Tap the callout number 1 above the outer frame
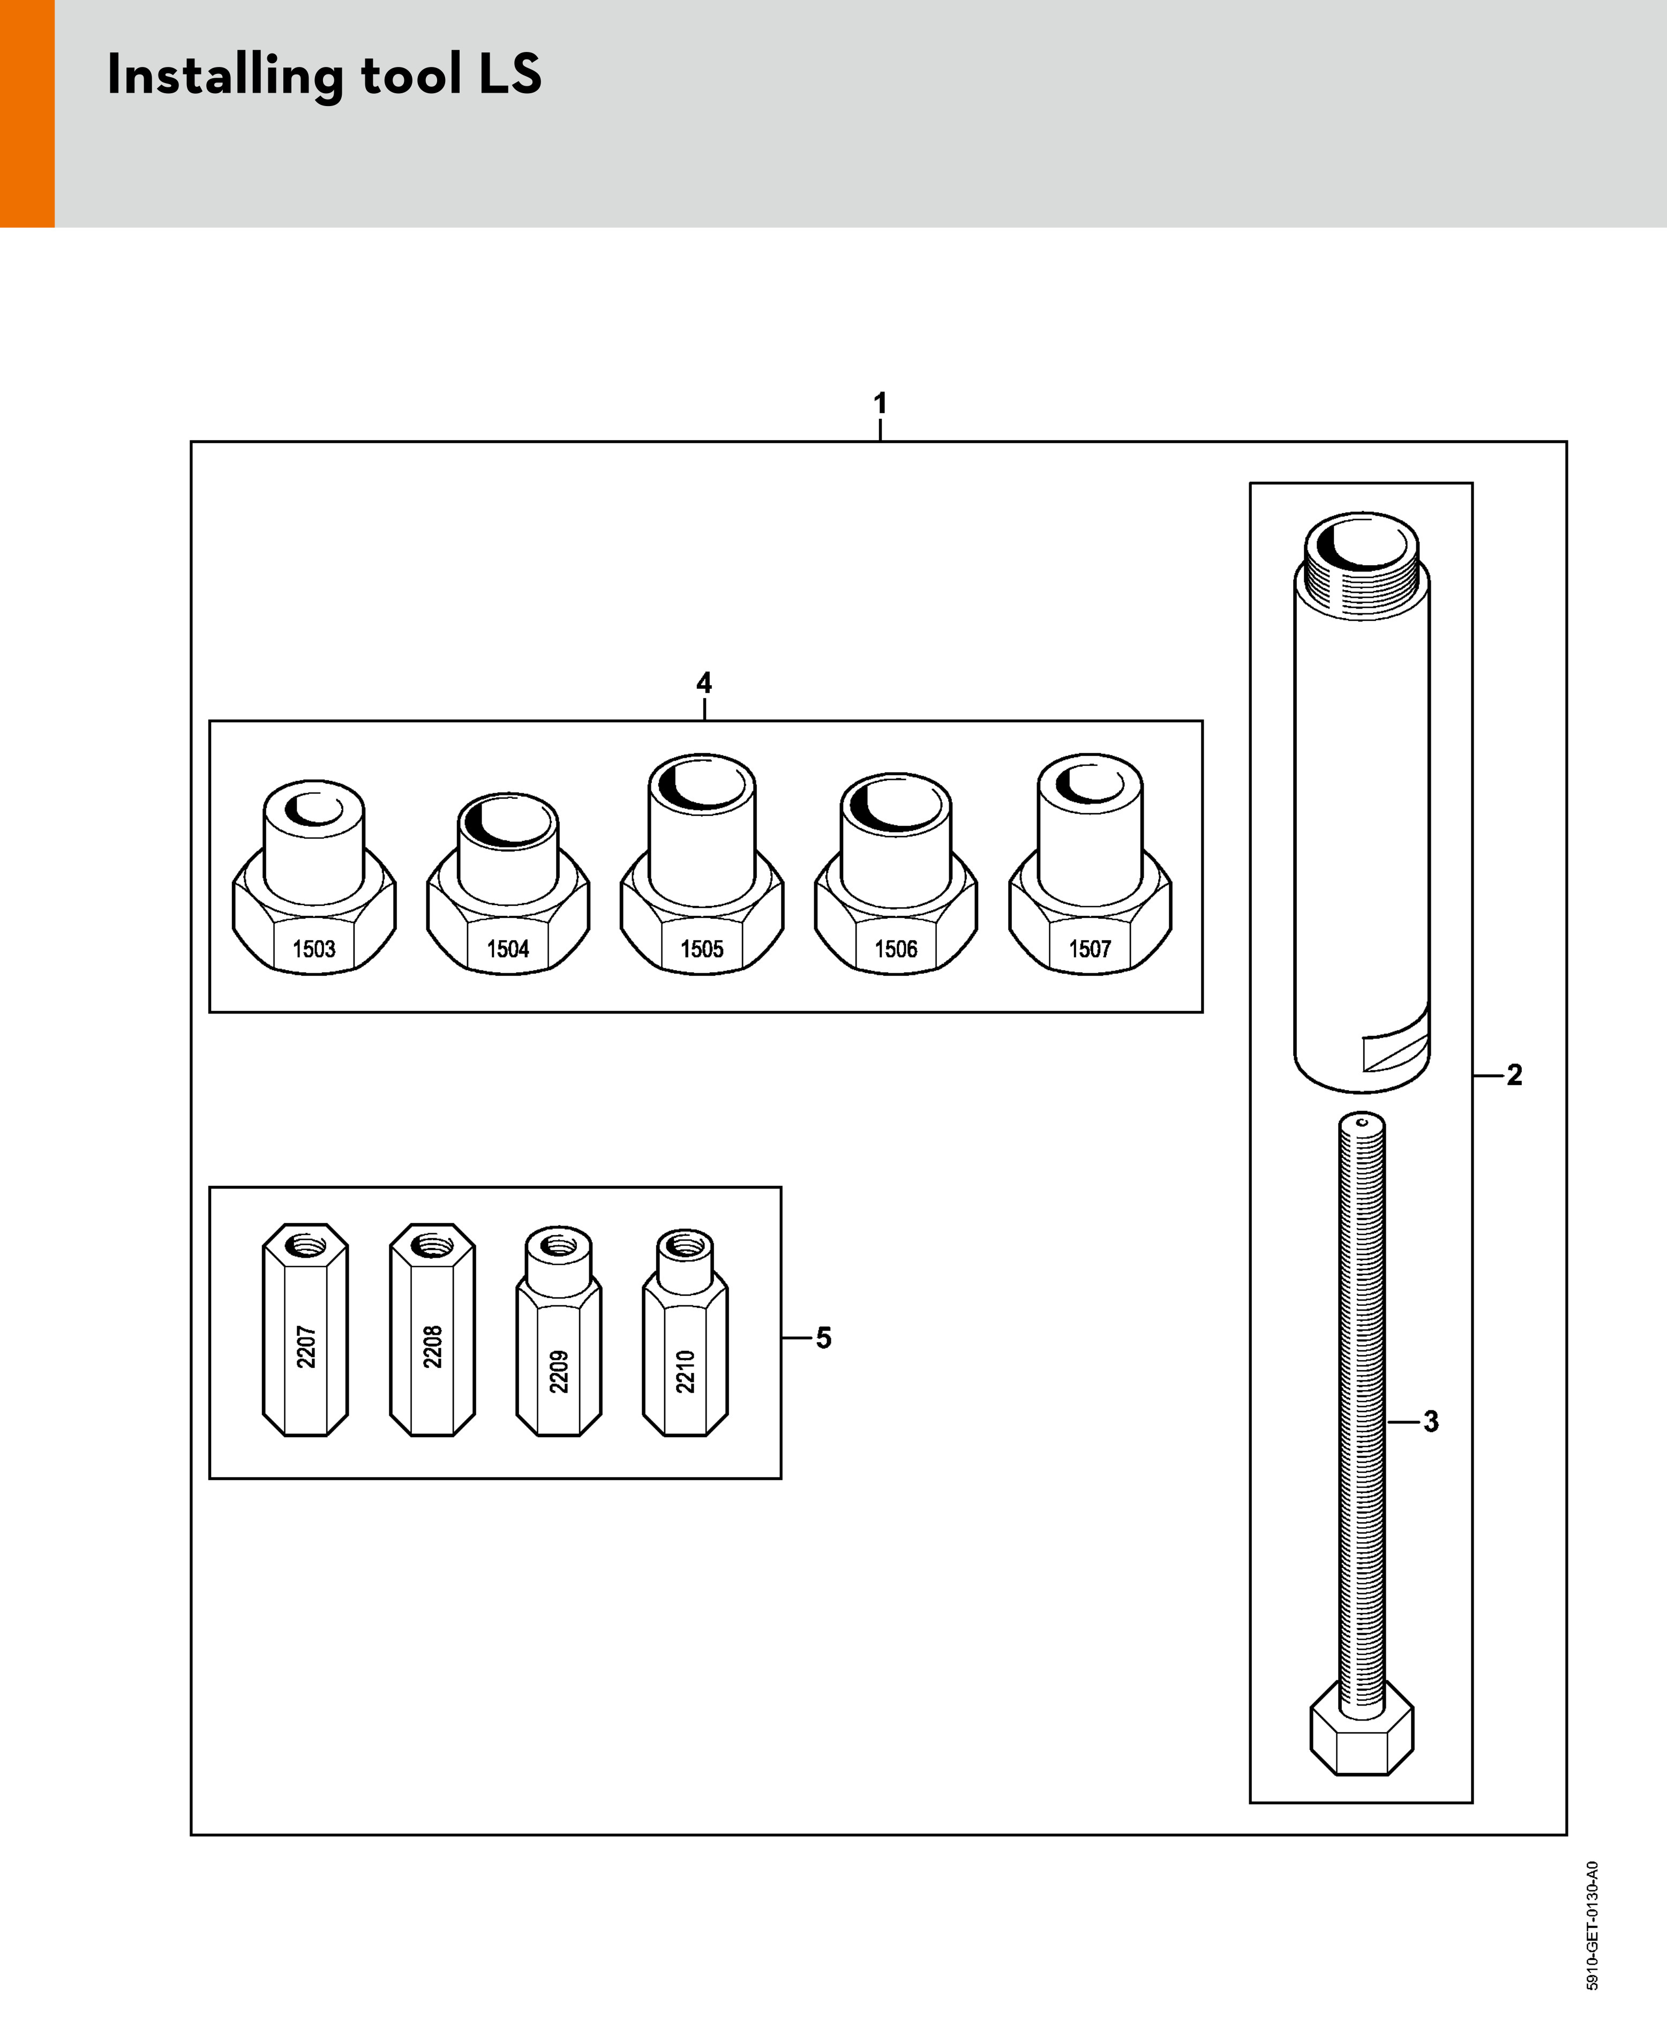880,403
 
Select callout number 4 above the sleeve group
704,682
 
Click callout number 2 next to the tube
1514,1074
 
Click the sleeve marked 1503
314,876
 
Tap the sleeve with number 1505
702,864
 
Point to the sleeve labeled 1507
1090,864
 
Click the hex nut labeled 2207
305,1329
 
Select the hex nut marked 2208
432,1329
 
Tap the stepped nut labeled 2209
559,1332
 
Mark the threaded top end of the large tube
1362,567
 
